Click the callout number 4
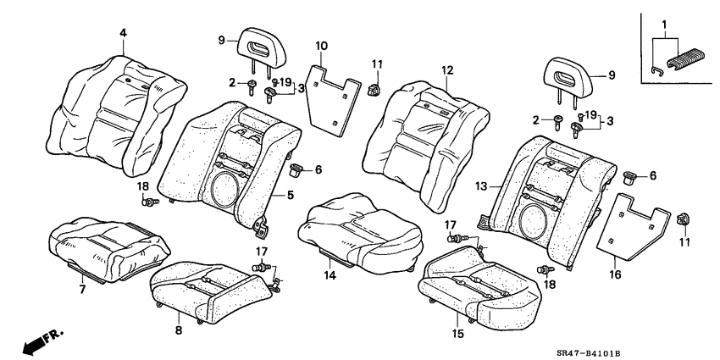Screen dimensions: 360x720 (123, 33)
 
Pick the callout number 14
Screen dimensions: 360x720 (330, 276)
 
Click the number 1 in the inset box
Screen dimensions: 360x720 (665, 24)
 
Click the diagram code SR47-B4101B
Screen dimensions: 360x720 (667, 347)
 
